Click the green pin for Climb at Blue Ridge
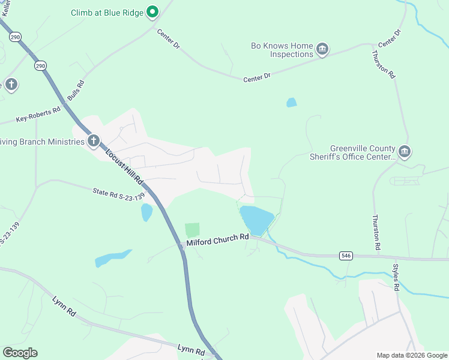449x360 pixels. pyautogui.click(x=152, y=11)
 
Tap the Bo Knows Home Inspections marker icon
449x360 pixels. pyautogui.click(x=322, y=49)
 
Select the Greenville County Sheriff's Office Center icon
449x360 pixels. pyautogui.click(x=404, y=152)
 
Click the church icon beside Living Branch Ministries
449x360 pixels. pyautogui.click(x=93, y=141)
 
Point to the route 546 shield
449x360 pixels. pyautogui.click(x=346, y=256)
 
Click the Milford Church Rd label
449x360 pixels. pyautogui.click(x=217, y=238)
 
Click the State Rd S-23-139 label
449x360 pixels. pyautogui.click(x=119, y=194)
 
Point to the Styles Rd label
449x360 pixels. pyautogui.click(x=396, y=278)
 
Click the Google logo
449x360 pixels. pyautogui.click(x=20, y=353)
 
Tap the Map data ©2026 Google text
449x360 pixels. pyautogui.click(x=411, y=355)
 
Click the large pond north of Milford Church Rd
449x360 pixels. pyautogui.click(x=256, y=220)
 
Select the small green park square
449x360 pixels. pyautogui.click(x=192, y=230)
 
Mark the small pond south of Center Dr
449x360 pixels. pyautogui.click(x=292, y=103)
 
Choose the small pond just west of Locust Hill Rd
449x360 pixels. pyautogui.click(x=146, y=212)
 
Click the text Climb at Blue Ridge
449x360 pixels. pyautogui.click(x=108, y=12)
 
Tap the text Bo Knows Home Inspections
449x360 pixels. pyautogui.click(x=282, y=50)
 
